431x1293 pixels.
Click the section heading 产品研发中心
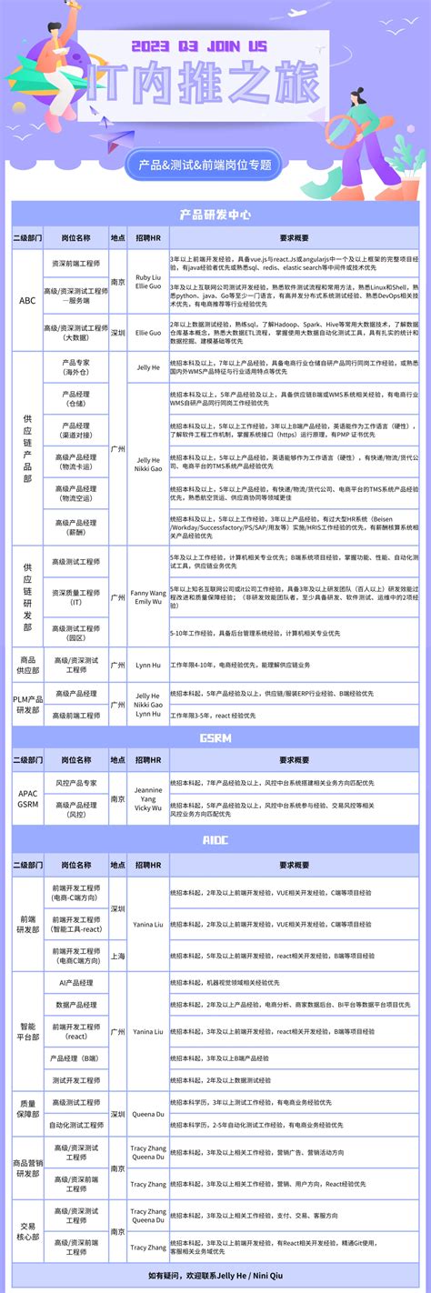coord(215,215)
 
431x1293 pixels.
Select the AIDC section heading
coord(215,840)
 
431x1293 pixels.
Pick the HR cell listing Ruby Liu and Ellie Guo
coord(148,282)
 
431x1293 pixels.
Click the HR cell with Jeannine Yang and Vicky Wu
coord(148,794)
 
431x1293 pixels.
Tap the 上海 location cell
coord(117,956)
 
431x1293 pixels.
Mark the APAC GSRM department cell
coord(27,794)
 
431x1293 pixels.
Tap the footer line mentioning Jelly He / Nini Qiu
coord(215,1276)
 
